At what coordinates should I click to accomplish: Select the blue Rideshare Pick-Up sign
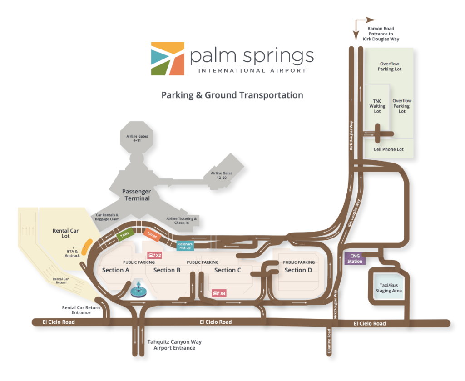point(185,246)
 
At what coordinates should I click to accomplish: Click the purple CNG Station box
point(355,258)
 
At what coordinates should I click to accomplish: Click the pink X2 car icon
point(154,255)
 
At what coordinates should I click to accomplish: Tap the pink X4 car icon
point(219,293)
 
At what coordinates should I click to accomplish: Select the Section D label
point(298,270)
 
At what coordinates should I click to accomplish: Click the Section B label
point(167,270)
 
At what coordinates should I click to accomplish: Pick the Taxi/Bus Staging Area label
point(388,288)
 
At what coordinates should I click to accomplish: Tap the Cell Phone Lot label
point(388,149)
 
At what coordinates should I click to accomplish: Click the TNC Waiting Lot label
point(377,106)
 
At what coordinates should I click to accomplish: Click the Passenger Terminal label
point(136,195)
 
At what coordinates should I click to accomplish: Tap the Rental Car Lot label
point(65,233)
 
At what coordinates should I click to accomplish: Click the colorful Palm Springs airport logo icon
point(168,59)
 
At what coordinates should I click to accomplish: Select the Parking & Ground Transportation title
point(232,95)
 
